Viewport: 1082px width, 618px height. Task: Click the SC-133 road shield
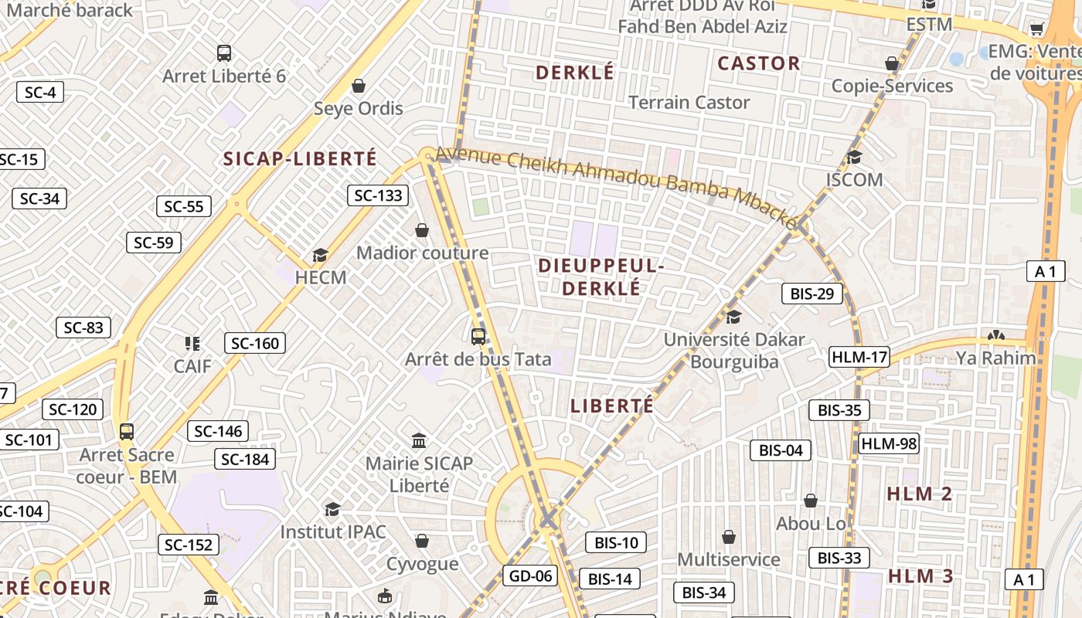click(378, 195)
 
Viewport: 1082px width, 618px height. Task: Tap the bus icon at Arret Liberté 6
click(224, 53)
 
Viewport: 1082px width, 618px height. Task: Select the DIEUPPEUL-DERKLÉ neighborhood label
click(601, 277)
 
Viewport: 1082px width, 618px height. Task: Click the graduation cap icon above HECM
click(320, 255)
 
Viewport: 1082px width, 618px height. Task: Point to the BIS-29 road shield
click(811, 294)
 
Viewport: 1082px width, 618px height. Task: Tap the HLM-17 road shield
click(859, 357)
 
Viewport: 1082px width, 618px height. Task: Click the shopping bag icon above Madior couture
click(422, 230)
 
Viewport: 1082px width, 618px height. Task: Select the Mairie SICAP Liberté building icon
click(419, 440)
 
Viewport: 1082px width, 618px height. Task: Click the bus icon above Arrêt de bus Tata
click(478, 337)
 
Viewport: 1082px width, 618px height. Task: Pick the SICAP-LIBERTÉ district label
click(300, 159)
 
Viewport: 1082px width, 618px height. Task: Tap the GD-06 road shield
click(530, 576)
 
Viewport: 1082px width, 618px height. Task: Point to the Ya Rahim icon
click(995, 336)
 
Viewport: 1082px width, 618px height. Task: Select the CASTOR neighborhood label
click(758, 63)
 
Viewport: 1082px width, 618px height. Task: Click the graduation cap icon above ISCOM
click(854, 158)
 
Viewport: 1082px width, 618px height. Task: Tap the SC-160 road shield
click(255, 343)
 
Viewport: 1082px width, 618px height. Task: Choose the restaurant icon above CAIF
click(192, 343)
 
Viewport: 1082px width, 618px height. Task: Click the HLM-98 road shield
click(889, 443)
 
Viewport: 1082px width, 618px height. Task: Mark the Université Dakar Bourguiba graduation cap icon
click(733, 317)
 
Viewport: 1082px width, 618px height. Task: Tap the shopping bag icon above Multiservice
click(728, 536)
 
